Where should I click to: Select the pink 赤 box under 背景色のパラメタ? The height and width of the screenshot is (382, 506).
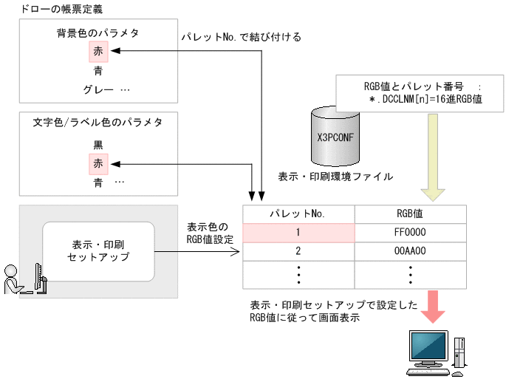pos(98,52)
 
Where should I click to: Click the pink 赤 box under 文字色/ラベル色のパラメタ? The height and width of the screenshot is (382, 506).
pos(98,162)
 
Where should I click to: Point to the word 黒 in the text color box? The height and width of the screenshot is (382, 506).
pos(98,143)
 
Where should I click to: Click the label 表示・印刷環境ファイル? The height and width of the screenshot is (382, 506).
pos(335,177)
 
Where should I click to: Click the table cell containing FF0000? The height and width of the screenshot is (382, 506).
pos(411,232)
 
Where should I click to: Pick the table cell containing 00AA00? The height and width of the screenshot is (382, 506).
pos(411,250)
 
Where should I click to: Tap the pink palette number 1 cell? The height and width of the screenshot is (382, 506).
pos(298,232)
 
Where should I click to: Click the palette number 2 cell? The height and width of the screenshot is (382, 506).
pos(298,250)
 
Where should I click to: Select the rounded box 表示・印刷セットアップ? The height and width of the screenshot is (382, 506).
pos(98,250)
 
